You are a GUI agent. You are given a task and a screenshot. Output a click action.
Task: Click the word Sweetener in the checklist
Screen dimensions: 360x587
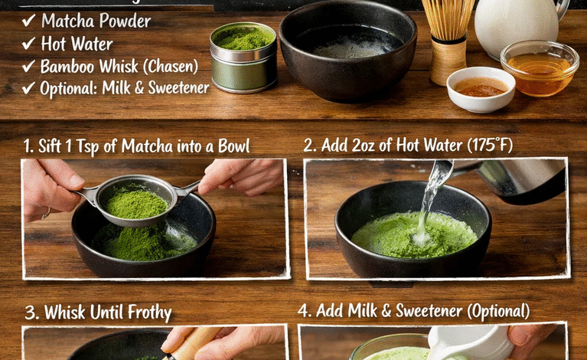[x=178, y=87]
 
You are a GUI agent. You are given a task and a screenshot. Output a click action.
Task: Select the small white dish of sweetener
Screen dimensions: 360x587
[x=480, y=89]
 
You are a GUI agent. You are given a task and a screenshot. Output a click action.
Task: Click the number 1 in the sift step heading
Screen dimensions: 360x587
[x=27, y=146]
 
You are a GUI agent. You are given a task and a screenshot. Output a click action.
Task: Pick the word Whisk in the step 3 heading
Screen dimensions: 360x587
[x=65, y=313]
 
